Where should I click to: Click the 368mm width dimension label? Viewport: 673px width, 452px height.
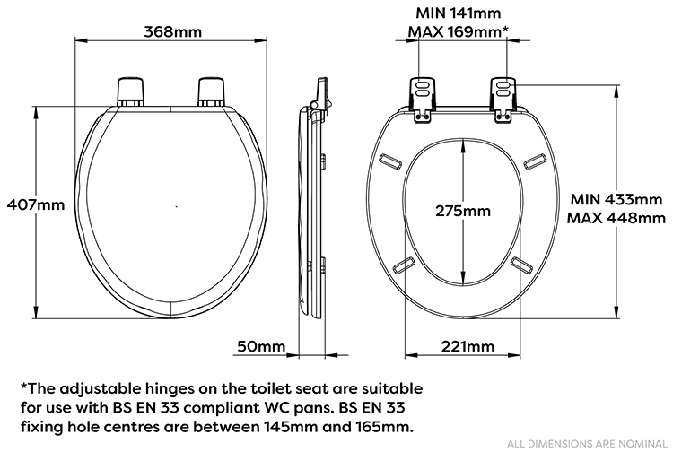pyautogui.click(x=171, y=32)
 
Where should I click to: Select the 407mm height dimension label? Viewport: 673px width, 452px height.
pyautogui.click(x=33, y=204)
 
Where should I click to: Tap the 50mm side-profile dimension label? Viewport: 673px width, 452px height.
pyautogui.click(x=261, y=346)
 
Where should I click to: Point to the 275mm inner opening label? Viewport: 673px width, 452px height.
pyautogui.click(x=462, y=212)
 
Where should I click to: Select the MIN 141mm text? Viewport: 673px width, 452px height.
pyautogui.click(x=458, y=13)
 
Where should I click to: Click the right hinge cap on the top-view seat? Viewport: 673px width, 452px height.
pyautogui.click(x=212, y=91)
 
